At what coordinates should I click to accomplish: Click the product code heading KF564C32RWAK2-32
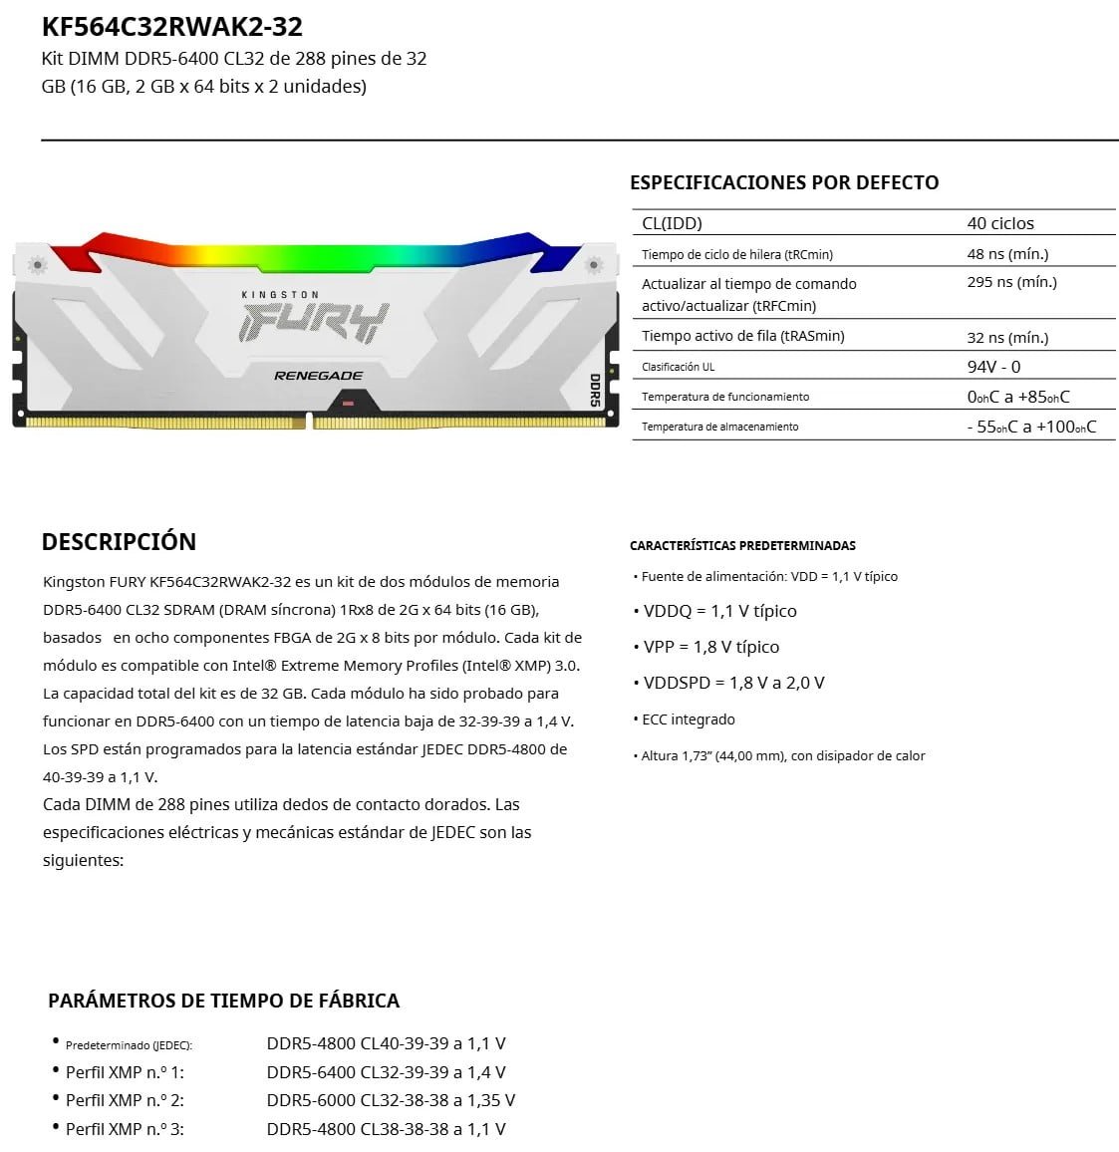coord(171,26)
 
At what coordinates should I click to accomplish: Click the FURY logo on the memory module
coord(312,323)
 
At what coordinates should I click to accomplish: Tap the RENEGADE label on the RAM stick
coord(318,376)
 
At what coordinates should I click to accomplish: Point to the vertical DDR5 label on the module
coord(595,390)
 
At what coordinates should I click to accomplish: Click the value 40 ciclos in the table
coord(1000,223)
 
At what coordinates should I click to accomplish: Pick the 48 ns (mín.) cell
coord(1007,254)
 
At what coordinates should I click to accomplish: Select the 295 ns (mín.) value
coord(1011,282)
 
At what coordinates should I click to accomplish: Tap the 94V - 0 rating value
coord(993,367)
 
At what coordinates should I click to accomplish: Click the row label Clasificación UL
coord(678,367)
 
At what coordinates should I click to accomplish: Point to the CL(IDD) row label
coord(672,223)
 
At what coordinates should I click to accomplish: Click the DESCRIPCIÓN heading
coord(119,542)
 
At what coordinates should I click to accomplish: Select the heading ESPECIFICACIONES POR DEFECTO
coord(783,182)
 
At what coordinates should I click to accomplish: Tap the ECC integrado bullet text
coord(688,720)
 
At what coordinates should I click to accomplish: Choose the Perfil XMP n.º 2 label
coord(125,1100)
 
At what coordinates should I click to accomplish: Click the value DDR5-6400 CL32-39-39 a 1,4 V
coord(386,1072)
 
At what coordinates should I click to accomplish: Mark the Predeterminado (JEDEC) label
coord(129,1045)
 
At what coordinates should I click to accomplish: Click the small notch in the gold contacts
coord(309,424)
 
